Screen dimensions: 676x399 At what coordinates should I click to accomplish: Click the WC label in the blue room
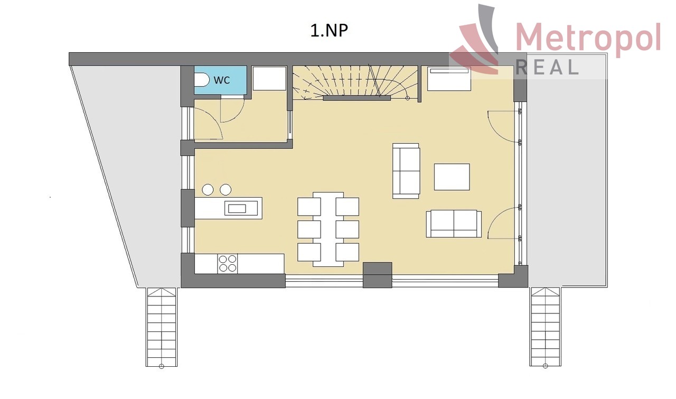click(222, 80)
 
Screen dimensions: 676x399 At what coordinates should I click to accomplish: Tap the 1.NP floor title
click(329, 31)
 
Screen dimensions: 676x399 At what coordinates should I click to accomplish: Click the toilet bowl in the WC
click(201, 80)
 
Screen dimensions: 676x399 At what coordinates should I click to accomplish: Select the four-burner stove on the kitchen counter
click(228, 264)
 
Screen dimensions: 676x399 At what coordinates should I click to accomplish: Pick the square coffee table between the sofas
click(452, 177)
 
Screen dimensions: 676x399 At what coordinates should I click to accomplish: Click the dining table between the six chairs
click(328, 229)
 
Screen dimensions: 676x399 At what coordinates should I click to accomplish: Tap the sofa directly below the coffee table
click(454, 224)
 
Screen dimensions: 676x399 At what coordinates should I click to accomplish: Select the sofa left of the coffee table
click(406, 171)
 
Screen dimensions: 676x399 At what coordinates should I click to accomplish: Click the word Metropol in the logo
click(588, 38)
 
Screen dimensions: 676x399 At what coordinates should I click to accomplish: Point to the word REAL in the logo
click(547, 67)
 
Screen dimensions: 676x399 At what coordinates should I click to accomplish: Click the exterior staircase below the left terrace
click(162, 327)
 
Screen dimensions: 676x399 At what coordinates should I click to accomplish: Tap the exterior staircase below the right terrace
click(545, 327)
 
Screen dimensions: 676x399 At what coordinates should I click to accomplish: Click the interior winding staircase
click(355, 82)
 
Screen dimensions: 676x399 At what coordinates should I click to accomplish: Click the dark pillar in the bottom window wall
click(377, 275)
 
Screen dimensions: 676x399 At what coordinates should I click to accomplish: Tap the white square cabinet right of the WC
click(269, 79)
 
